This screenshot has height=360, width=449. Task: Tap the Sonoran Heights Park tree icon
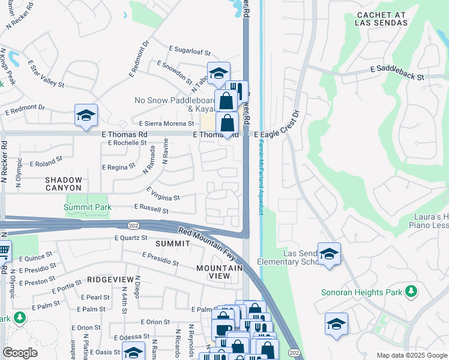(x=411, y=292)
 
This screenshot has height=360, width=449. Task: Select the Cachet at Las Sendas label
(x=382, y=19)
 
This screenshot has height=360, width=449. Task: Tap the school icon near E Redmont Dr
(x=86, y=116)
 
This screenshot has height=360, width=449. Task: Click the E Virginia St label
(x=163, y=197)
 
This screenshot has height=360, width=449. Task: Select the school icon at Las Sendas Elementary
(x=329, y=254)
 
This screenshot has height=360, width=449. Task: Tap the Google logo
(x=20, y=353)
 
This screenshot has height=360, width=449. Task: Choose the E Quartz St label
(x=131, y=238)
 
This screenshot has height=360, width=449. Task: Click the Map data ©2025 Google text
(x=412, y=355)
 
